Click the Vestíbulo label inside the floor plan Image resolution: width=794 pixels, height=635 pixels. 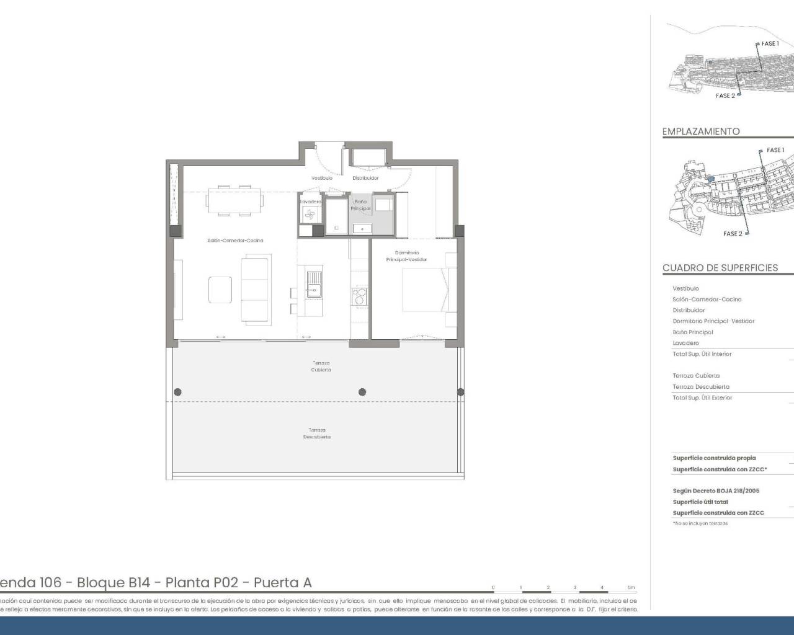click(x=321, y=178)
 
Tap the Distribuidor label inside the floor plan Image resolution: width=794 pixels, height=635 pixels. click(x=365, y=178)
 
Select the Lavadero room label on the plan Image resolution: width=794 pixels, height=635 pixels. click(x=310, y=202)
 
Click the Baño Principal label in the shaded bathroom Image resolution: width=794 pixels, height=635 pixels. click(x=360, y=205)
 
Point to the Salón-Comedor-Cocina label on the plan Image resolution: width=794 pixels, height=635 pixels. click(x=235, y=241)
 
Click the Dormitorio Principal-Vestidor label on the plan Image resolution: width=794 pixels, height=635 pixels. click(x=406, y=256)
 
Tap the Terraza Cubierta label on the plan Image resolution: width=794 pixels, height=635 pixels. click(x=321, y=366)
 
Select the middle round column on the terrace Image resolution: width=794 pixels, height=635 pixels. click(x=362, y=392)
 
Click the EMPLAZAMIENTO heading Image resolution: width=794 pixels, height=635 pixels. click(x=701, y=131)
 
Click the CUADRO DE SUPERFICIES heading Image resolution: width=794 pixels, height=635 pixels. click(x=720, y=268)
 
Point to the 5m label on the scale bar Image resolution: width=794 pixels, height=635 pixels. click(x=631, y=587)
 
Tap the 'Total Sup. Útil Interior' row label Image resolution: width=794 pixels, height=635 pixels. click(x=702, y=354)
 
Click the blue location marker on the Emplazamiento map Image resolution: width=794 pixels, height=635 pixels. click(x=711, y=178)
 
